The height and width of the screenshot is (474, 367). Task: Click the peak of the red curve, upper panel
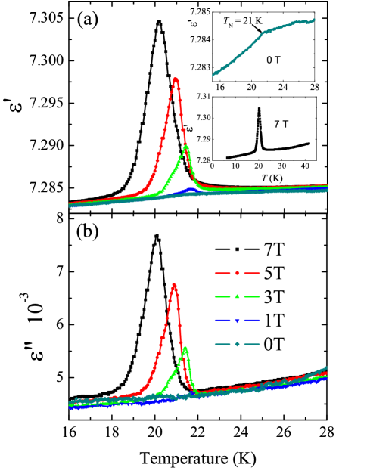(x=176, y=79)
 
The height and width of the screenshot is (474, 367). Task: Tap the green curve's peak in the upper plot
(x=186, y=147)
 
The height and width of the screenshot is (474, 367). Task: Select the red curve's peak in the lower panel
(x=174, y=284)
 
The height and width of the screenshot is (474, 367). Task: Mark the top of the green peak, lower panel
(x=185, y=348)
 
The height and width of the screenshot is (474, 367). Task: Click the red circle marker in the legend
(x=237, y=273)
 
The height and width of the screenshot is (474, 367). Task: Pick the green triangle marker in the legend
(x=237, y=296)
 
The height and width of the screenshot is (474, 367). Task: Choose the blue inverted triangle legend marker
(x=237, y=321)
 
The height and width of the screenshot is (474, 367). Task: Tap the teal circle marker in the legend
(x=237, y=345)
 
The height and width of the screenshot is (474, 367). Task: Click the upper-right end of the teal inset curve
(x=313, y=20)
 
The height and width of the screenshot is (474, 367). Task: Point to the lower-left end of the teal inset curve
(x=213, y=76)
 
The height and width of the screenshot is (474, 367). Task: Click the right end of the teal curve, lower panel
(x=326, y=368)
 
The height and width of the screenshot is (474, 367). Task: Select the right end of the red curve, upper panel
(x=327, y=185)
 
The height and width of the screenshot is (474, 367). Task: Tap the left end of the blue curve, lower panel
(x=70, y=408)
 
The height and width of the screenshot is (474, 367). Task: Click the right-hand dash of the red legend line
(x=252, y=273)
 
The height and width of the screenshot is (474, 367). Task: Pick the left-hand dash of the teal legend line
(x=222, y=345)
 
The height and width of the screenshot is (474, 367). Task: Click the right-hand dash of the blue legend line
(x=252, y=321)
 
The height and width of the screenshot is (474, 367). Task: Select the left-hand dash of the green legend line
(x=222, y=296)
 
